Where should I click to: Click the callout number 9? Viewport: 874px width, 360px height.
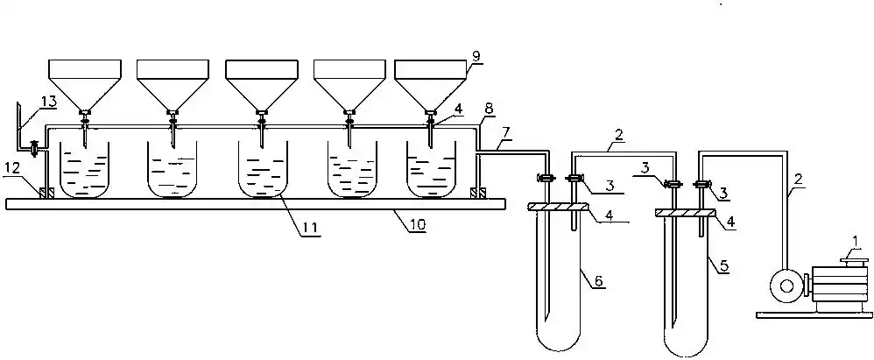[476, 54]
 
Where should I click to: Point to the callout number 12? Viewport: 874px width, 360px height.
[11, 166]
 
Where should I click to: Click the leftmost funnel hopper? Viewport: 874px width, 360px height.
[84, 83]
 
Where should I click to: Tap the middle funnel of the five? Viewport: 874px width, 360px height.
[261, 83]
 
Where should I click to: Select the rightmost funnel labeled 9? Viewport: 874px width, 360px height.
[431, 83]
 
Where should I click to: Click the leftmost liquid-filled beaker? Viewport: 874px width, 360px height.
[85, 170]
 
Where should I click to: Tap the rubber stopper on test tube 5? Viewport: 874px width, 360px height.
[686, 212]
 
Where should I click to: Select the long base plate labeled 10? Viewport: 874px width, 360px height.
[254, 204]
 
